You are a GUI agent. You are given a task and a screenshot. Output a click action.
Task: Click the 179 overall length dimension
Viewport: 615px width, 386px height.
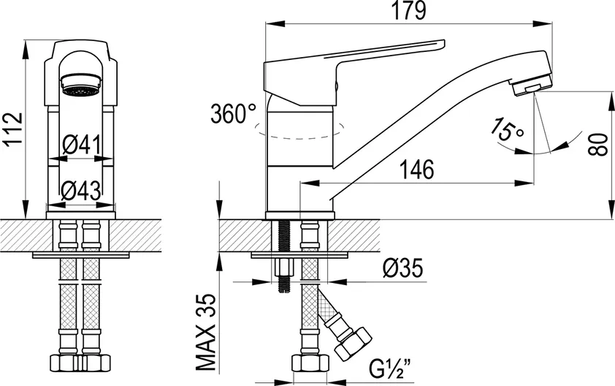[x=409, y=11]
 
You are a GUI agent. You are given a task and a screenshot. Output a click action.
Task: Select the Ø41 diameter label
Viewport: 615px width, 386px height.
[x=82, y=145]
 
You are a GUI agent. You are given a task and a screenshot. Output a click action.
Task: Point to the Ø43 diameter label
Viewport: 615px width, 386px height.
[x=81, y=192]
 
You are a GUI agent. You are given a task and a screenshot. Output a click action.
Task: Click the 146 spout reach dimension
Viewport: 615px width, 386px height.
[x=416, y=170]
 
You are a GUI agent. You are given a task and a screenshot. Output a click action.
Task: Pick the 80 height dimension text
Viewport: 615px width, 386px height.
[x=599, y=145]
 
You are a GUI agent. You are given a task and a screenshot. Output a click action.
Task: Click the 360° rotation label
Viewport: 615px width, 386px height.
[x=233, y=114]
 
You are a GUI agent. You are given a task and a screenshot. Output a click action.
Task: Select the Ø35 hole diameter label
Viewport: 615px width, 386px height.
[x=402, y=268]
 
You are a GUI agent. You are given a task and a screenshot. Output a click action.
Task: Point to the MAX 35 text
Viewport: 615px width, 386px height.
[x=206, y=332]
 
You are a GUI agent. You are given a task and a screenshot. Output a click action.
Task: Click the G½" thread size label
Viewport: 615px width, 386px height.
[x=389, y=368]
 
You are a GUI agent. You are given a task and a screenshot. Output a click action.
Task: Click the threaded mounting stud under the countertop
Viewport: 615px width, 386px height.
[x=285, y=256]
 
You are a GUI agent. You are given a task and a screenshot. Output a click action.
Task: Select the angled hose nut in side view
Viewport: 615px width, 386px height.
[x=353, y=344]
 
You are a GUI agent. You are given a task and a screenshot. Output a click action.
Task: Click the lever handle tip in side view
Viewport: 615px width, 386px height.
[x=443, y=43]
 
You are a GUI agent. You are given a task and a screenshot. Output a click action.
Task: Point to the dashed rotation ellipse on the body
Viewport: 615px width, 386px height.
[x=299, y=131]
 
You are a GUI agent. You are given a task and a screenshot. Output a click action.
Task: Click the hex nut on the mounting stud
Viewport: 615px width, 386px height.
[x=285, y=268]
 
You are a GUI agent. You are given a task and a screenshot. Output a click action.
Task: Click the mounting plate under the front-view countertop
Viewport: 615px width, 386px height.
[x=81, y=255]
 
